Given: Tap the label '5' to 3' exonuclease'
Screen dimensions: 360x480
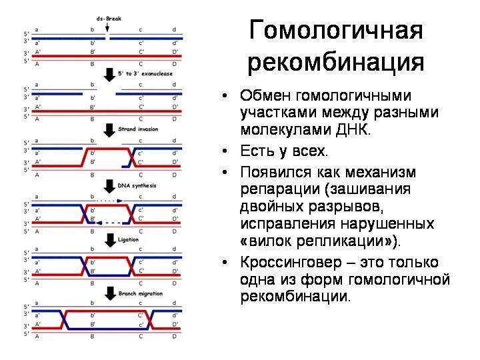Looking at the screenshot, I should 138,73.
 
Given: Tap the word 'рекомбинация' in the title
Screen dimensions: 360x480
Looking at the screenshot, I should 336,62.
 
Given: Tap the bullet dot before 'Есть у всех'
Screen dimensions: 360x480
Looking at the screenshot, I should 226,151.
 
